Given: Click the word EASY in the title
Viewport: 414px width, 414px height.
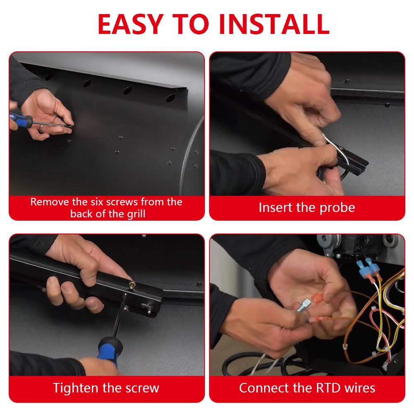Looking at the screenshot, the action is [x=130, y=24].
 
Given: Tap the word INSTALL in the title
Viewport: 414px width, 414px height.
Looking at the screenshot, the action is [x=274, y=24].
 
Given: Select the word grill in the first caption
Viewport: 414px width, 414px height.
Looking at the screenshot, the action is [x=136, y=214].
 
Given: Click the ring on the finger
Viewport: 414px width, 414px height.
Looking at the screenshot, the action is [x=41, y=129].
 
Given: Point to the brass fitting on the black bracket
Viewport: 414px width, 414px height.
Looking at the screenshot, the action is [x=132, y=285].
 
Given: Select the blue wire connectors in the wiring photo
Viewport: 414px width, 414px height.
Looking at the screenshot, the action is [x=367, y=267].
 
